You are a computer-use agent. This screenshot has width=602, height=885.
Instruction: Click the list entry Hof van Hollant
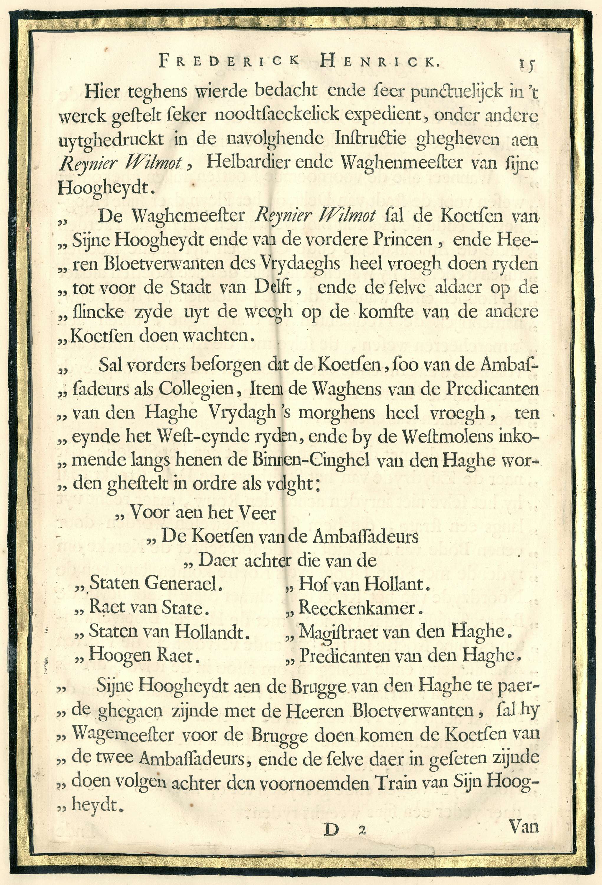point(364,584)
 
